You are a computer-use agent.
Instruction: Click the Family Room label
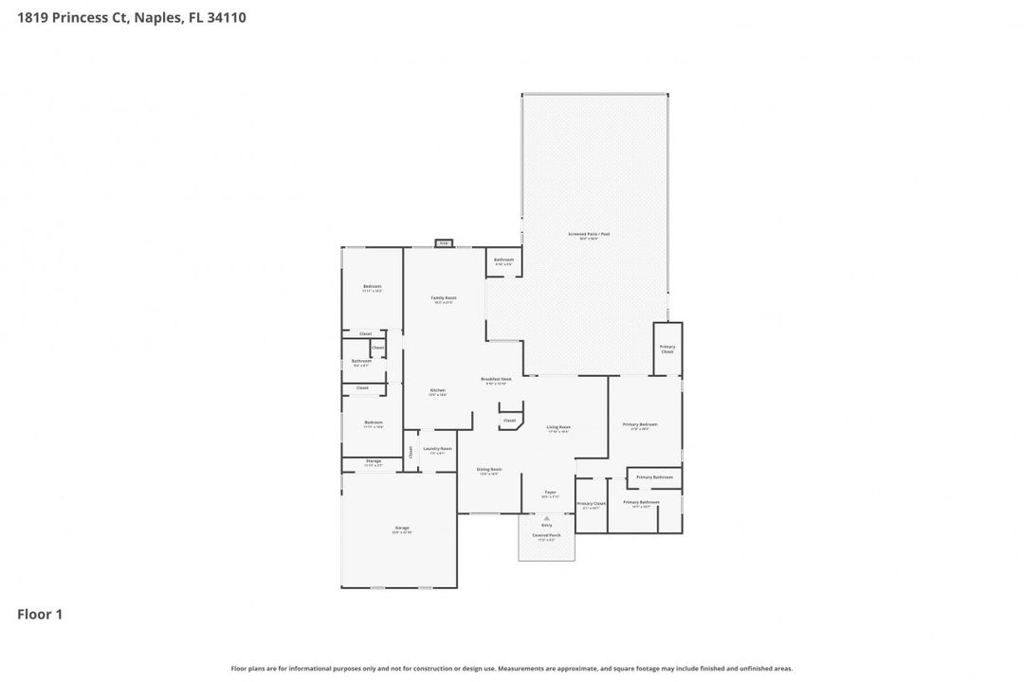coord(443,298)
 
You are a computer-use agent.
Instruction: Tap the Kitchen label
coord(437,390)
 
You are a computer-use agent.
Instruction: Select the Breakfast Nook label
coord(498,379)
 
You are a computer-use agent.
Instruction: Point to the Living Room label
coord(558,428)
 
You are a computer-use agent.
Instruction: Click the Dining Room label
coord(489,470)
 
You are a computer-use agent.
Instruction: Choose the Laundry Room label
coord(437,449)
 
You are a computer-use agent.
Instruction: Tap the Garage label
coord(402,529)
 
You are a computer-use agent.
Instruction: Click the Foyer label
coord(550,493)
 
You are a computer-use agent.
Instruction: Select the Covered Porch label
coord(546,535)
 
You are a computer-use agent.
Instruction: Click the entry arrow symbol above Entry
coord(546,518)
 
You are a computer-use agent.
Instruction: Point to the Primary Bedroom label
coord(639,424)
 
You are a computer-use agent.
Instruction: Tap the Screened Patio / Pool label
coord(582,234)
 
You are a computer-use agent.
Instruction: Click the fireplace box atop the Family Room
coord(443,243)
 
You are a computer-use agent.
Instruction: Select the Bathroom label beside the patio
coord(503,260)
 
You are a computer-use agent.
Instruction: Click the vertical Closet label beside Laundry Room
coord(411,453)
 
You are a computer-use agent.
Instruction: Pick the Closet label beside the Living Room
coord(509,420)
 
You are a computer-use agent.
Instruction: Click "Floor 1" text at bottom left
coord(40,615)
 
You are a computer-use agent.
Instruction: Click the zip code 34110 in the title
coord(226,17)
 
